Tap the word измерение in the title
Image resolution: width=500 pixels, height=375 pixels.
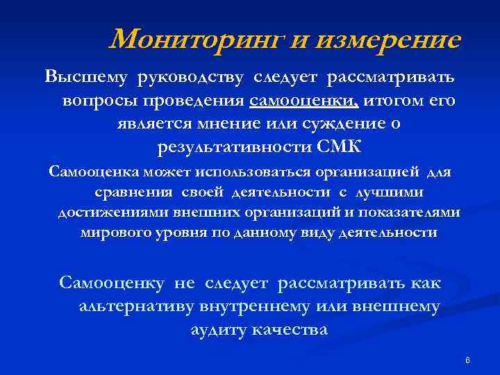pos(387,40)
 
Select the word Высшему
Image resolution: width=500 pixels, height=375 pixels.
pos(88,76)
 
